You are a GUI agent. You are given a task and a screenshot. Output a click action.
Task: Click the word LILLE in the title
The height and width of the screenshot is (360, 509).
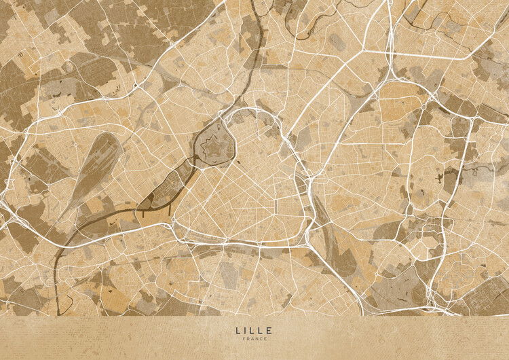pos(254,330)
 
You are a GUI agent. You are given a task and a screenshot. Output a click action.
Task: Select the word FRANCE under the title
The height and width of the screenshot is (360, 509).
pos(254,339)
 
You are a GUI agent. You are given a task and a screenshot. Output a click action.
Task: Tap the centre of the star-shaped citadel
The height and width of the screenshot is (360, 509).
pos(214,144)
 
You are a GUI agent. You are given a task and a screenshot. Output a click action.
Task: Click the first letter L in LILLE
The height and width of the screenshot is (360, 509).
pos(238,330)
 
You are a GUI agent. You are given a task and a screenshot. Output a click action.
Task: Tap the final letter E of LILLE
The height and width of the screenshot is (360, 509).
pos(271,330)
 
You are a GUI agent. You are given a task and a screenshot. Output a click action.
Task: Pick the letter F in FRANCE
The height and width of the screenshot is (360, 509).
pos(243,339)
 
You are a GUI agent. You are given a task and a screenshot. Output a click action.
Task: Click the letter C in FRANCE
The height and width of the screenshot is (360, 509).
pos(261,339)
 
